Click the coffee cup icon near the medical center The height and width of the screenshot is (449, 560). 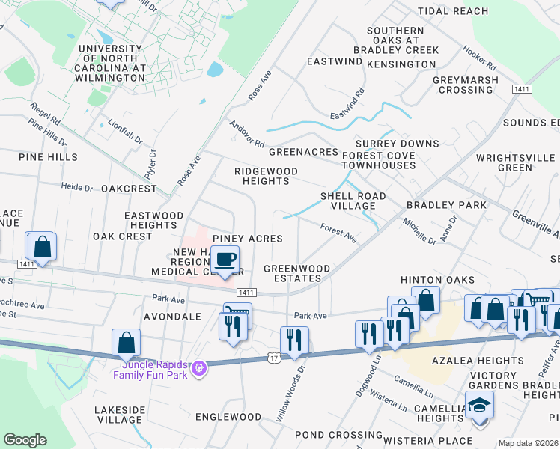click(225, 260)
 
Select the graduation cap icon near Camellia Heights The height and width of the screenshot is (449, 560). click(479, 406)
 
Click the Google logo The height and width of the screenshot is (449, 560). click(25, 440)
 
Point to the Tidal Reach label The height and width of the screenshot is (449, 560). click(453, 11)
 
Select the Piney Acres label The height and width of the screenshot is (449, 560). click(247, 238)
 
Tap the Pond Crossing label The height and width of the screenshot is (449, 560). click(329, 434)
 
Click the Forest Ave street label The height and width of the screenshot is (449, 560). click(338, 233)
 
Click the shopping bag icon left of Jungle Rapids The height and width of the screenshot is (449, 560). click(127, 343)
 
